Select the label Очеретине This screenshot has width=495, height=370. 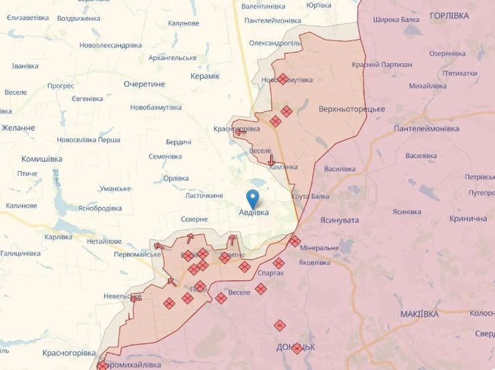coord(144,84)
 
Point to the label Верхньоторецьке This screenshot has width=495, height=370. coord(352,109)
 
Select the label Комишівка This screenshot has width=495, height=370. coord(41,159)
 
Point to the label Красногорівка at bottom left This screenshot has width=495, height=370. coord(70,353)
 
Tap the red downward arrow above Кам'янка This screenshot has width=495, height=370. coord(271,161)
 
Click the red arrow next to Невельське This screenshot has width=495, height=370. coord(136,298)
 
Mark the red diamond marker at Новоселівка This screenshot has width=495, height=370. coord(283,79)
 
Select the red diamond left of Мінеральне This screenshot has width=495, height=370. coord(294,242)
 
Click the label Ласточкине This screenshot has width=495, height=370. coord(205,195)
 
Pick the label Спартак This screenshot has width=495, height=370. coord(271,273)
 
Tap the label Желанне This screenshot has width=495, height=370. coord(18,128)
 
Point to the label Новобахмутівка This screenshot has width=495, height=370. coord(156,107)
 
